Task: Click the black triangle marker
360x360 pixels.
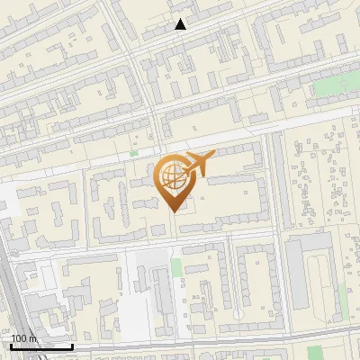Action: [x=181, y=24]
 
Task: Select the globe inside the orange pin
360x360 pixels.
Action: [x=171, y=175]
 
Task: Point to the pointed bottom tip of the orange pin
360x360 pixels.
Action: [x=175, y=211]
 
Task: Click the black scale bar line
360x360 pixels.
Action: [x=41, y=346]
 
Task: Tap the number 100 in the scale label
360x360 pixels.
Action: [x=19, y=338]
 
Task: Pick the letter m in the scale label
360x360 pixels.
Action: [x=33, y=338]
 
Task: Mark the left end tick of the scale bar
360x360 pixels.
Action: [x=11, y=345]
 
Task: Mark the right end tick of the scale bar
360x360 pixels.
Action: [x=73, y=345]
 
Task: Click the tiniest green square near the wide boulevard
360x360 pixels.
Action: [x=134, y=153]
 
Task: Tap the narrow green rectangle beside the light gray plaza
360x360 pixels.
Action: [x=176, y=266]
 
